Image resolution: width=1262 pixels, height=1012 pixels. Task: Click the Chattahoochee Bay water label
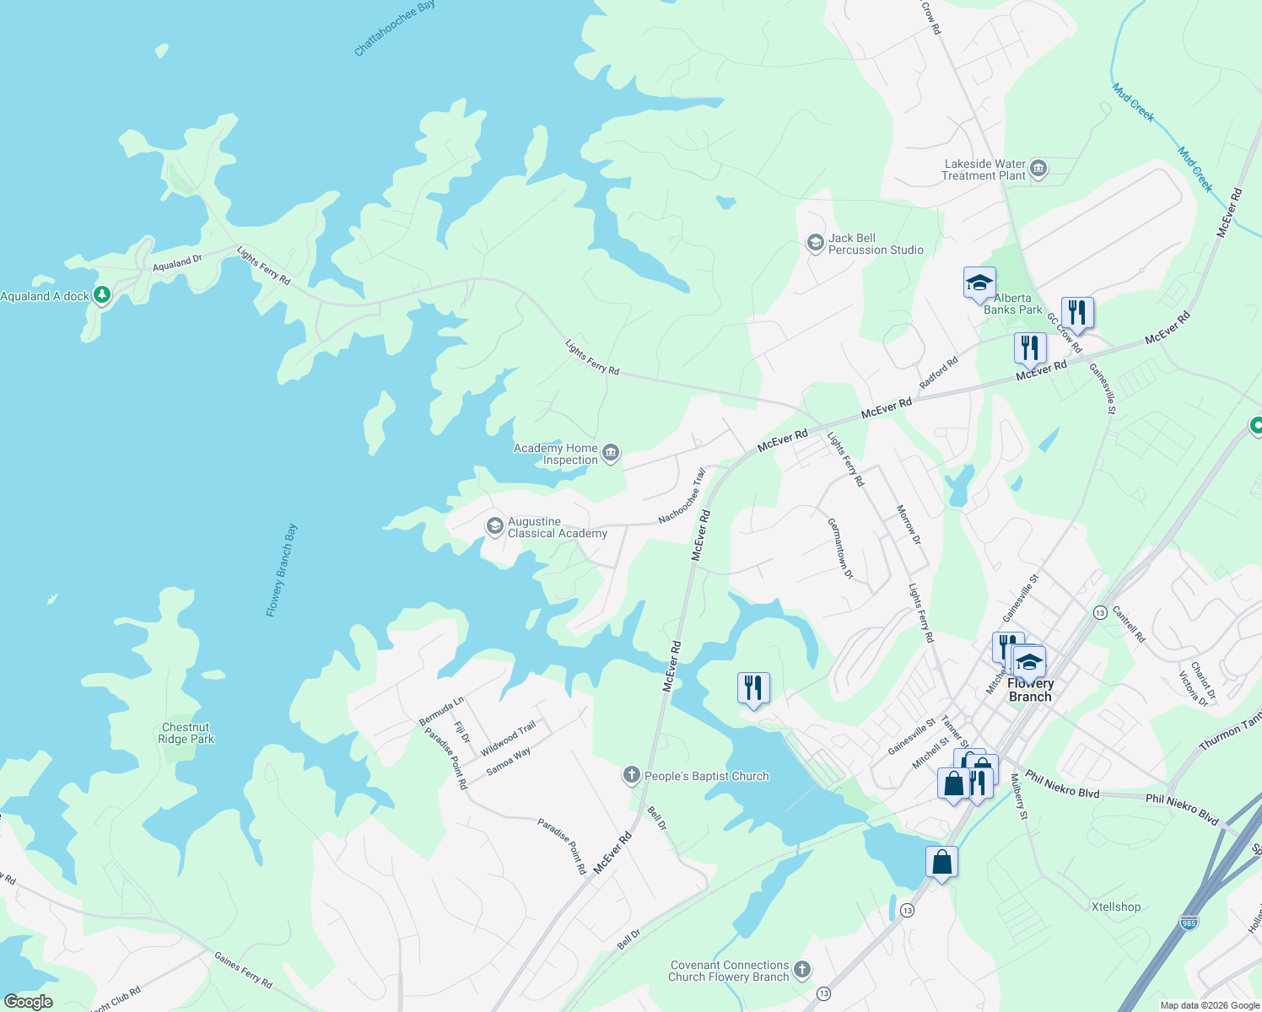394,28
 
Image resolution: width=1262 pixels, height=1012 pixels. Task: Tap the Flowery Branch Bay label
282,570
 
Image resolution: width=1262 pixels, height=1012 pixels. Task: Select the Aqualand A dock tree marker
102,295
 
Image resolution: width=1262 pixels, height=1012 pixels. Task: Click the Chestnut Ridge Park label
186,733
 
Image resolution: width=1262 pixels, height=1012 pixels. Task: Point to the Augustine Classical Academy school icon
494,527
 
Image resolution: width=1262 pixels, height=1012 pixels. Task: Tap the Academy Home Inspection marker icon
611,454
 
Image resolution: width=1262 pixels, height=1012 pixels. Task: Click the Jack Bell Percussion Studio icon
815,244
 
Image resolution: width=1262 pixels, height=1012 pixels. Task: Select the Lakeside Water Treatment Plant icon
1038,170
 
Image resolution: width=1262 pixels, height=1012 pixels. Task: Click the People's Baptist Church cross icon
632,776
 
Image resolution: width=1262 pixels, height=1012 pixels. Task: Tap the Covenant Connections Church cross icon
802,971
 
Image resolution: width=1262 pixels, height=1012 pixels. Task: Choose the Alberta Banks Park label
1012,304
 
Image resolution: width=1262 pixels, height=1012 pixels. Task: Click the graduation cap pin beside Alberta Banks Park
979,283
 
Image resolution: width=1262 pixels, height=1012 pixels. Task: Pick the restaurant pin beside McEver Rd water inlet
753,688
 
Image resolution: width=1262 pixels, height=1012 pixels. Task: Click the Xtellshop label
1115,907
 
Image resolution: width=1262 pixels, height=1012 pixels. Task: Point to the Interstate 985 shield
1189,923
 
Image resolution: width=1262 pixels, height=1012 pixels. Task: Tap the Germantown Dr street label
840,548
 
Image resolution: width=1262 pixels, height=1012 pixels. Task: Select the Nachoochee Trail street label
682,497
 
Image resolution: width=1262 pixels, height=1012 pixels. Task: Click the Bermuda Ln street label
441,712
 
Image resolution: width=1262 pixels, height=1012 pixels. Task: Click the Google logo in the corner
28,1002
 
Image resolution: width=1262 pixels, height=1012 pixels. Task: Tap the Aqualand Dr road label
177,263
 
